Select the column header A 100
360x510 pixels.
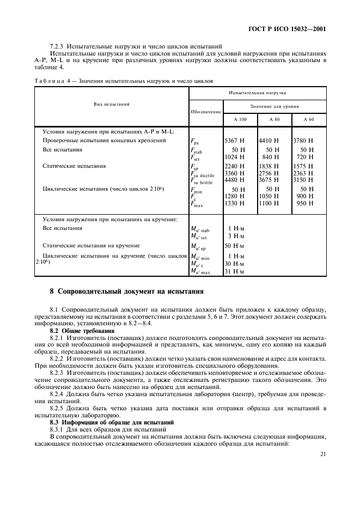[x=240, y=119]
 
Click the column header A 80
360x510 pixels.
[x=274, y=119]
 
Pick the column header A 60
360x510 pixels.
[x=309, y=119]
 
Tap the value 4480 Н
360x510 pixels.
[x=234, y=181]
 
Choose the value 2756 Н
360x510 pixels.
[x=269, y=173]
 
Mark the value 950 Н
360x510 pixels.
[x=304, y=203]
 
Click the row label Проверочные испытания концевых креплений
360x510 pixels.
[x=105, y=140]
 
